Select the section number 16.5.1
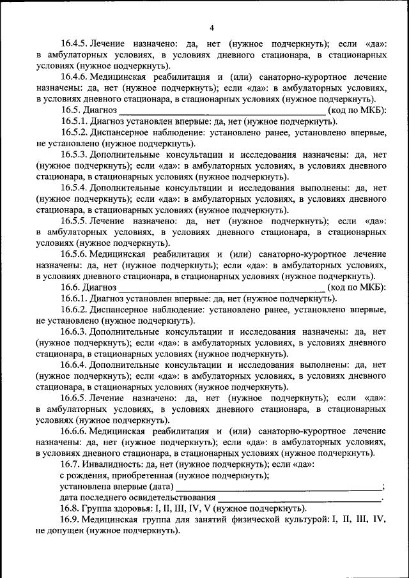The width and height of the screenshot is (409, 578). (x=74, y=121)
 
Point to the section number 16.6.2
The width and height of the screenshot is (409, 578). (x=74, y=310)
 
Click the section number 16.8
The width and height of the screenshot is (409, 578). (x=68, y=508)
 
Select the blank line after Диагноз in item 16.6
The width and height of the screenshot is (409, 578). (x=222, y=287)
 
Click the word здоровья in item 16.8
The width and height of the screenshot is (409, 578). (x=126, y=508)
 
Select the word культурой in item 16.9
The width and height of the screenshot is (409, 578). (x=299, y=520)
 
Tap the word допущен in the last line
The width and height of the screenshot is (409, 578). (x=66, y=531)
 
